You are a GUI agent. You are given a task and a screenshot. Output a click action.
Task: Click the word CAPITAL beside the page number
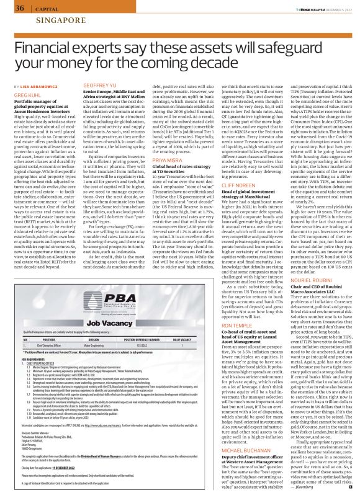pos(45,9)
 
